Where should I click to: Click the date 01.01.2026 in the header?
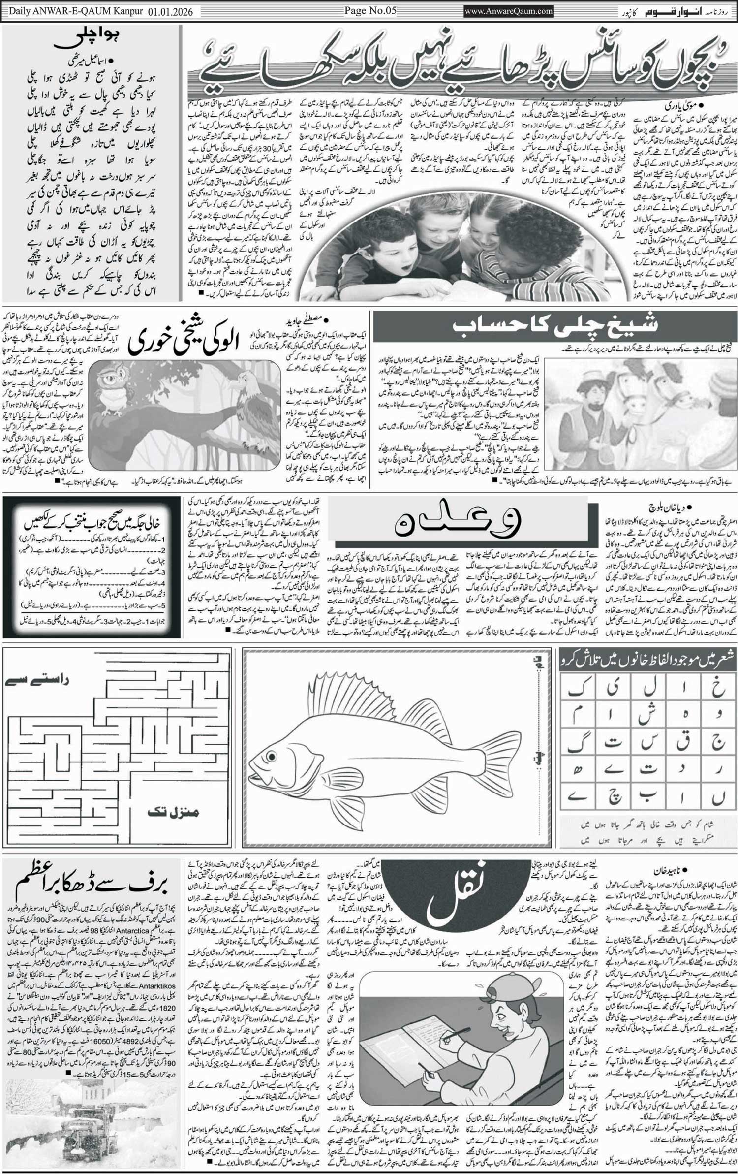coord(167,11)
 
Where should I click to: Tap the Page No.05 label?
coord(370,10)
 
